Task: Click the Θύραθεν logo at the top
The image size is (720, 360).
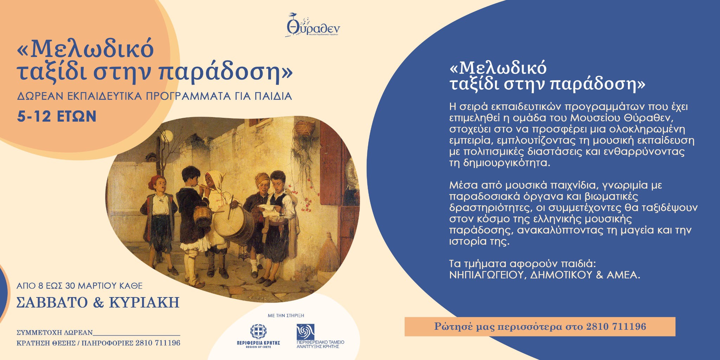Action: [313, 25]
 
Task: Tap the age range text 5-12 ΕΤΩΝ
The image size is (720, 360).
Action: [57, 116]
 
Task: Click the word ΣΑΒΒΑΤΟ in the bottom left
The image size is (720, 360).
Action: [52, 302]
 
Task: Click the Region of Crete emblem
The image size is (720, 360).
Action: [258, 331]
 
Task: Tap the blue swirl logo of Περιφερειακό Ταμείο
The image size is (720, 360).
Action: [305, 332]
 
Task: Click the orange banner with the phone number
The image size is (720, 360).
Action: [540, 327]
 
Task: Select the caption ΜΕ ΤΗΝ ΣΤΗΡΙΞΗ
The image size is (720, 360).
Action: [286, 315]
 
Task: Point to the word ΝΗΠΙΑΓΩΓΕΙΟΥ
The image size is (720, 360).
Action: [486, 275]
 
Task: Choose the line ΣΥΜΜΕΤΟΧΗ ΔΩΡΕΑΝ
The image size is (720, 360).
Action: [54, 333]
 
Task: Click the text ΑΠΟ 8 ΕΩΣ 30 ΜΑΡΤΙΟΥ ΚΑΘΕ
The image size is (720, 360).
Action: [79, 286]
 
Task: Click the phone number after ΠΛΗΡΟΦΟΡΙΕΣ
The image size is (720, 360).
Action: [158, 343]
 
